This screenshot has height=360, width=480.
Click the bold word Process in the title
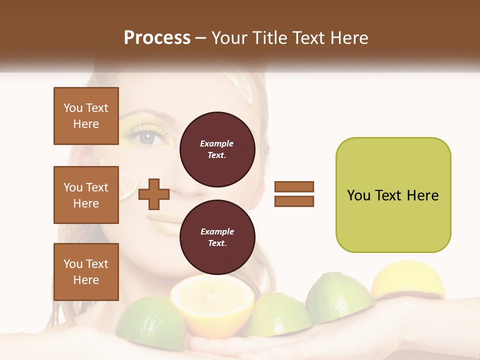157,38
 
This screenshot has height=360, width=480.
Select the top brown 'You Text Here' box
86,116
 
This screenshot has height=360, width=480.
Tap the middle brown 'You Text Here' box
86,195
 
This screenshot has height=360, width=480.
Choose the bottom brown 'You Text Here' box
86,272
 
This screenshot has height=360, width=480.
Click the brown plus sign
153,194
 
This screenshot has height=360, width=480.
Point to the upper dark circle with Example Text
217,149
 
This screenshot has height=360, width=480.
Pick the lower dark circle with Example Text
217,237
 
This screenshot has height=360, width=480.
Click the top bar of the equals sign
294,186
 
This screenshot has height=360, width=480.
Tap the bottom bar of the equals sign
294,201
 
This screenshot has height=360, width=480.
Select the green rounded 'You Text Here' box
393,195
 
